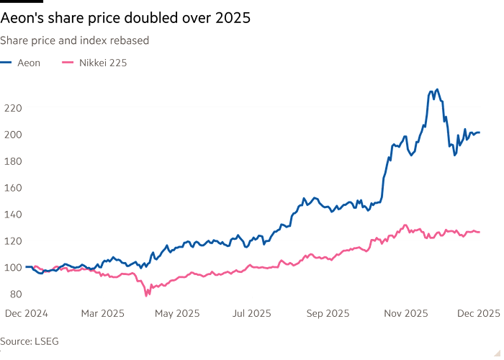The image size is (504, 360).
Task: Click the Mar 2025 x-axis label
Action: [104, 313]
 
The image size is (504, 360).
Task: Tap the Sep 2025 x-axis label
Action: [328, 313]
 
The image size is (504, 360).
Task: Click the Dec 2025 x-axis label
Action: [478, 313]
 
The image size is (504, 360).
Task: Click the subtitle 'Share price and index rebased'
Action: [74, 41]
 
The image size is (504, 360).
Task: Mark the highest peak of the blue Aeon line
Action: [436, 90]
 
